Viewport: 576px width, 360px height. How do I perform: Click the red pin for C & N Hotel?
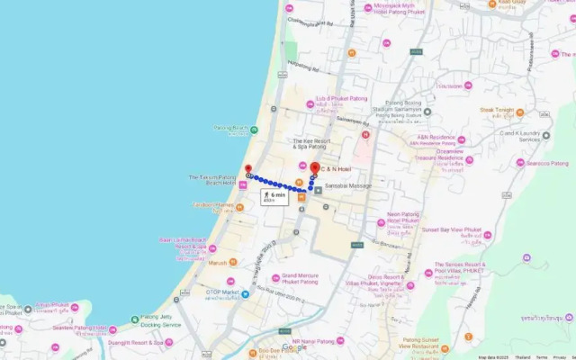(x=314, y=168)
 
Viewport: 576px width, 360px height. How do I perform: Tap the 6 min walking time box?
(x=274, y=196)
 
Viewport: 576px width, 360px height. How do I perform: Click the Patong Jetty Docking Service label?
(x=161, y=321)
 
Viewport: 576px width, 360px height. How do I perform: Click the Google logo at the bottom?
(x=293, y=348)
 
